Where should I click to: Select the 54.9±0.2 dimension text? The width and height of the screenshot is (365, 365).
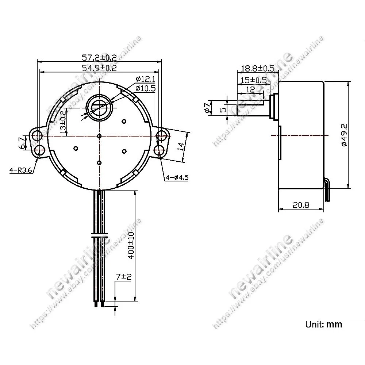click(x=99, y=68)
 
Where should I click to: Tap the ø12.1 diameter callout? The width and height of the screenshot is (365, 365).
click(x=146, y=79)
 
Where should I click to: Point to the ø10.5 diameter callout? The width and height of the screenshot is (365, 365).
click(x=146, y=88)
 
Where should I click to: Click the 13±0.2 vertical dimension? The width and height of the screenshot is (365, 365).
click(x=63, y=122)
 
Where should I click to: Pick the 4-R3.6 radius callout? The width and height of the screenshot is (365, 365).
click(x=20, y=170)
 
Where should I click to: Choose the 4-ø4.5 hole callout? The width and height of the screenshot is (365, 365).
click(x=177, y=178)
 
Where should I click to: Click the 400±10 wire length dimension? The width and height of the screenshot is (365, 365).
click(x=131, y=245)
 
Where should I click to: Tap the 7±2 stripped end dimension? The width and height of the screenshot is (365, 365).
click(x=124, y=277)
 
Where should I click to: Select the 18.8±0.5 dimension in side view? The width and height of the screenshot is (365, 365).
click(x=258, y=69)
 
